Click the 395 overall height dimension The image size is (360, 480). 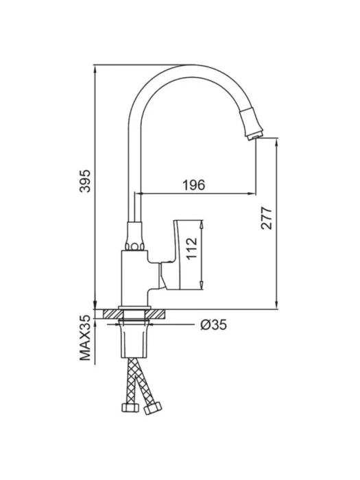pos(86,180)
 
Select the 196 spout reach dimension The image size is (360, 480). pos(193,185)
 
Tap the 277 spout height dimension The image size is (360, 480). pos(266,218)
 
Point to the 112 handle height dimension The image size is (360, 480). pos(192,248)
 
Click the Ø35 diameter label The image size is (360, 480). pos(214,325)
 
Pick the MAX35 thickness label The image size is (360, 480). pos(86,338)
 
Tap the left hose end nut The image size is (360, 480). pos(129,407)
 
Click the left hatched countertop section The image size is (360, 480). pos(112,314)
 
